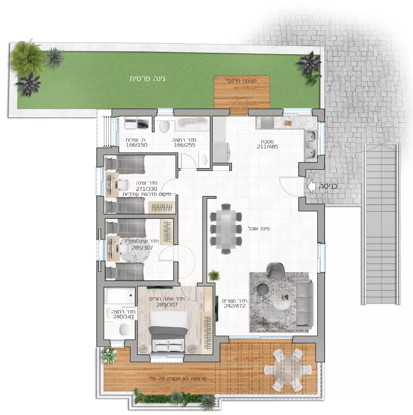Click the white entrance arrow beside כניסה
[311, 186]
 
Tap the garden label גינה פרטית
[147, 79]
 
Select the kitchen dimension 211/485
[268, 147]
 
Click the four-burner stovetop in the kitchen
[267, 122]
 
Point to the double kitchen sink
[311, 144]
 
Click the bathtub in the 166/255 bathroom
[192, 124]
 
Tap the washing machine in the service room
[143, 123]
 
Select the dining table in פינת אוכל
[225, 229]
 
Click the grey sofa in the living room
[305, 304]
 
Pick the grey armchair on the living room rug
[275, 271]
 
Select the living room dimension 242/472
[235, 306]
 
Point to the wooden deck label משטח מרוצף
[241, 81]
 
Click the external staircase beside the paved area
[381, 224]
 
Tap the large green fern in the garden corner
[27, 57]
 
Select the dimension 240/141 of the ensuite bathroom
[124, 317]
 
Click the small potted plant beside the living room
[214, 275]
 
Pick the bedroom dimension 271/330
[147, 189]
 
